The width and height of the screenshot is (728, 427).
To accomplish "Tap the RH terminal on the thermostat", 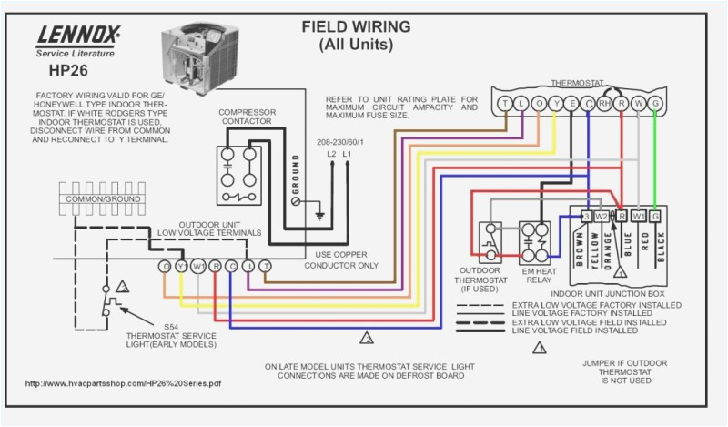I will pyautogui.click(x=606, y=105).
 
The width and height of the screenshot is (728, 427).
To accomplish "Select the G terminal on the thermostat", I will pyautogui.click(x=655, y=105).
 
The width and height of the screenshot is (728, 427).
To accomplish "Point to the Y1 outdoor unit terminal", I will pyautogui.click(x=181, y=266).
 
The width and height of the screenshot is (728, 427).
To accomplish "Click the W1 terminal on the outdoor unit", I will pyautogui.click(x=197, y=266).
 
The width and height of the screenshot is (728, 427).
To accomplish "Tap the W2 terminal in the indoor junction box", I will pyautogui.click(x=602, y=216).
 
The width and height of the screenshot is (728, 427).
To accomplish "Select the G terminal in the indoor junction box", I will pyautogui.click(x=655, y=216).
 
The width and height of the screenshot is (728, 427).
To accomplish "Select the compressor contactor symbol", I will pyautogui.click(x=239, y=169).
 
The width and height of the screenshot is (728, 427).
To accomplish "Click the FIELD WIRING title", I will pyautogui.click(x=356, y=26).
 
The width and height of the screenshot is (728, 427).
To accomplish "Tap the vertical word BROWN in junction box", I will pyautogui.click(x=580, y=249).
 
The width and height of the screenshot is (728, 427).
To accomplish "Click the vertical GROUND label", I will pyautogui.click(x=295, y=178).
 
